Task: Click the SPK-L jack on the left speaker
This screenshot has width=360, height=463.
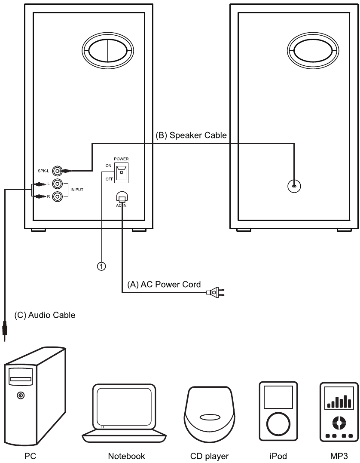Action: click(x=57, y=171)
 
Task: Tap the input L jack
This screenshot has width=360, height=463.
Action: click(x=57, y=184)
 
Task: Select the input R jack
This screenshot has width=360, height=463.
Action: click(x=57, y=196)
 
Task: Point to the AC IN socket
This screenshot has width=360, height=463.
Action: click(x=122, y=196)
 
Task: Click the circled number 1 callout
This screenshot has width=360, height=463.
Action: click(x=101, y=267)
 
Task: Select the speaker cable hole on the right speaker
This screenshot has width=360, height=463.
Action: click(x=294, y=186)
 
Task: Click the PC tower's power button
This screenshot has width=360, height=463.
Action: click(x=20, y=395)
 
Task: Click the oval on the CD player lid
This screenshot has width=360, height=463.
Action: click(x=210, y=417)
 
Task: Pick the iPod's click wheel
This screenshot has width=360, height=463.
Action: click(x=278, y=424)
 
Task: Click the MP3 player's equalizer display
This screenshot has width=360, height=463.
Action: click(x=339, y=398)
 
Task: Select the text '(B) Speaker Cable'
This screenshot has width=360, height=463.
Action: click(x=191, y=135)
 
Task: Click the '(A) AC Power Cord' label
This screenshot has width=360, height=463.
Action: click(x=164, y=284)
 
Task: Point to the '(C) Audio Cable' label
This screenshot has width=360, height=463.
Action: click(x=45, y=315)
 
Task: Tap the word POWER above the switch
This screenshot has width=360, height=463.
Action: click(x=121, y=159)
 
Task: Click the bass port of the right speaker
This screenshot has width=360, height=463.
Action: click(x=313, y=51)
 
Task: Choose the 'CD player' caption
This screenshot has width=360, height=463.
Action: click(x=210, y=456)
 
